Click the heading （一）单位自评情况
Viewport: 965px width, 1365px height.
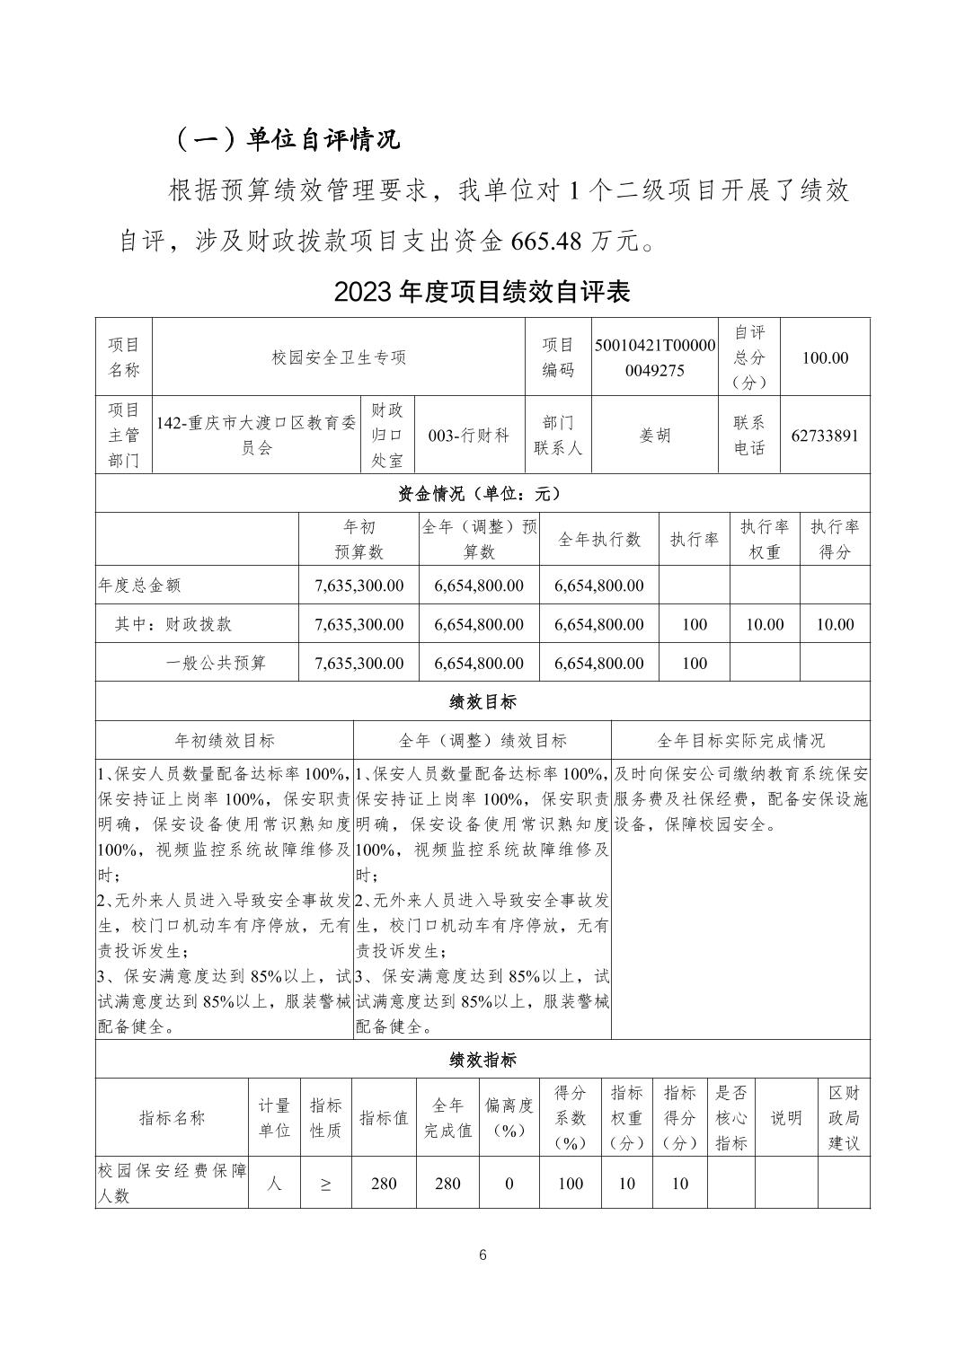[286, 139]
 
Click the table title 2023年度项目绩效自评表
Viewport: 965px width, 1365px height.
[482, 291]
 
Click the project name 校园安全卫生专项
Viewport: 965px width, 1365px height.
[339, 357]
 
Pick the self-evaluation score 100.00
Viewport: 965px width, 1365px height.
[824, 357]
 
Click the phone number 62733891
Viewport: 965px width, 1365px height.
[824, 436]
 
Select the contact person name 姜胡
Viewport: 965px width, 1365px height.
[655, 436]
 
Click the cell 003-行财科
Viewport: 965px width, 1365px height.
[469, 436]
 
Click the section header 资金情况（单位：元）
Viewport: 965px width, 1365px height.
[482, 493]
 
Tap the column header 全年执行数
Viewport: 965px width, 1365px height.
[599, 539]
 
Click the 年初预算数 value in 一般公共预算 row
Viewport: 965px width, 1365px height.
[359, 664]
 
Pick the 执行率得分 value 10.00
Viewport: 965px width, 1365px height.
[834, 624]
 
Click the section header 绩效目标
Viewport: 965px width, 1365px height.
[482, 701]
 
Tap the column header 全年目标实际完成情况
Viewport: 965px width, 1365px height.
[740, 741]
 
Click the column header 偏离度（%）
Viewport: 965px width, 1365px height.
[509, 1118]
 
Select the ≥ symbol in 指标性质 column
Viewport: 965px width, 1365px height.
[324, 1184]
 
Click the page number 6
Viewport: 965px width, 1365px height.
[482, 1255]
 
